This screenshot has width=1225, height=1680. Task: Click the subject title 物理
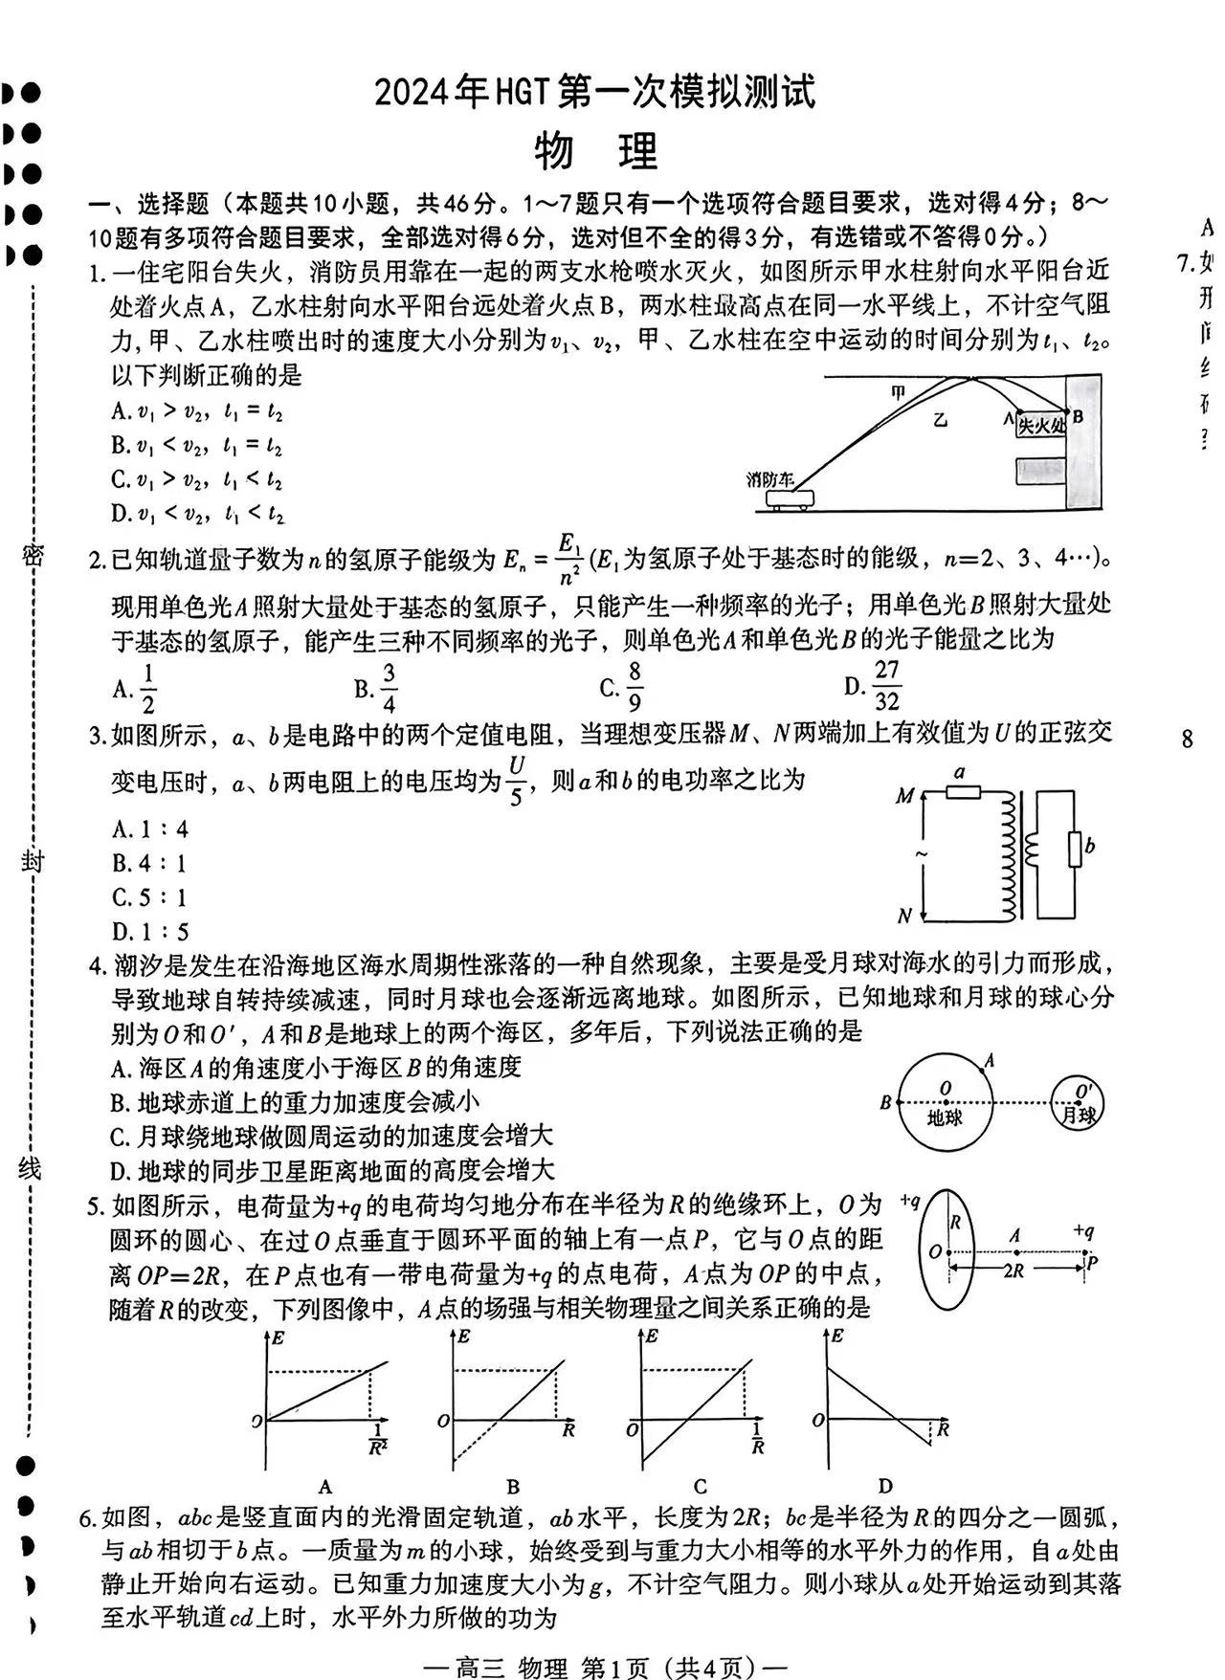pyautogui.click(x=595, y=150)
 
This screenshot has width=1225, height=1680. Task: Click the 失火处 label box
pyautogui.click(x=1040, y=425)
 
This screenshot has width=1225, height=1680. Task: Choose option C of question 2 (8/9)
pyautogui.click(x=623, y=686)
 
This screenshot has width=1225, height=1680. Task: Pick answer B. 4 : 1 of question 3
pyautogui.click(x=149, y=863)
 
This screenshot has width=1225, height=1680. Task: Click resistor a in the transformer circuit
pyautogui.click(x=962, y=790)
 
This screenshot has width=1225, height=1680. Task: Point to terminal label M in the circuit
pyautogui.click(x=904, y=795)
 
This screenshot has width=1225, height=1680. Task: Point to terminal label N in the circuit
pyautogui.click(x=904, y=916)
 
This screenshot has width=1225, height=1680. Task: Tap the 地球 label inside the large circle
pyautogui.click(x=945, y=1116)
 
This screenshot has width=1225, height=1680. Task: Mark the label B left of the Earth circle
pyautogui.click(x=885, y=1102)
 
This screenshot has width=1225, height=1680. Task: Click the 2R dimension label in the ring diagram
pyautogui.click(x=1013, y=1271)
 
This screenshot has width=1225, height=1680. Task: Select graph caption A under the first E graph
pyautogui.click(x=325, y=1486)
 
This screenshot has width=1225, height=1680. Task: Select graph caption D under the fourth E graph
pyautogui.click(x=884, y=1485)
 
